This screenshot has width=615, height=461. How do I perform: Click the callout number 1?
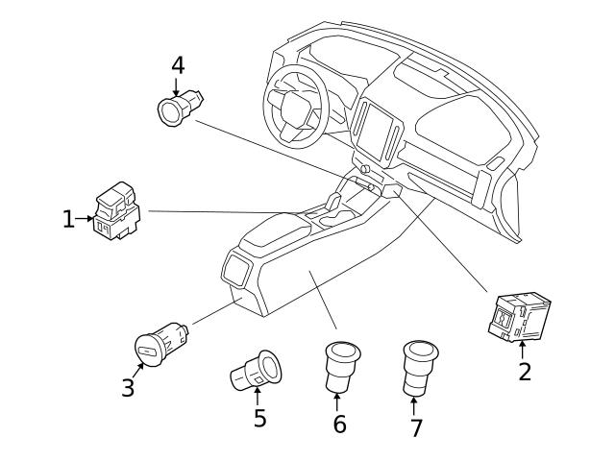(x=68, y=220)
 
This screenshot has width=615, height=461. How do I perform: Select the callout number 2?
(x=525, y=371)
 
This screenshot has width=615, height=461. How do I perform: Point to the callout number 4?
(x=178, y=65)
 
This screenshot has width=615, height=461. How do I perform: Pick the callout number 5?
(x=259, y=418)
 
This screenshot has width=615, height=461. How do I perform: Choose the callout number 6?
(x=339, y=423)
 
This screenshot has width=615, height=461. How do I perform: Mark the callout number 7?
(x=416, y=427)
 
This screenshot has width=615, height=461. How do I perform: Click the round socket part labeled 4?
(x=179, y=109)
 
